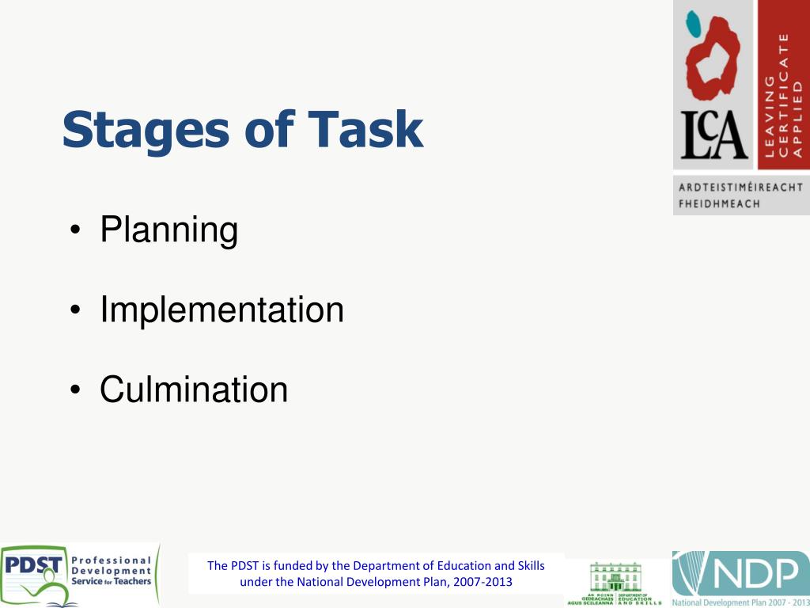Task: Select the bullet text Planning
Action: click(x=168, y=230)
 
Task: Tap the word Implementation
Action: click(x=221, y=310)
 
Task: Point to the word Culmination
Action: click(x=194, y=389)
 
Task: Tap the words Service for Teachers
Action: click(x=111, y=582)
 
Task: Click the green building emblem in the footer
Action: click(x=616, y=577)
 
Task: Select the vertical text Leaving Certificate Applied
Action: click(x=782, y=95)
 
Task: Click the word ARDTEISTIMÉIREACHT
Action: click(x=740, y=188)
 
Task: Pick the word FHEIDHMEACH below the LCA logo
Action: click(x=719, y=203)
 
